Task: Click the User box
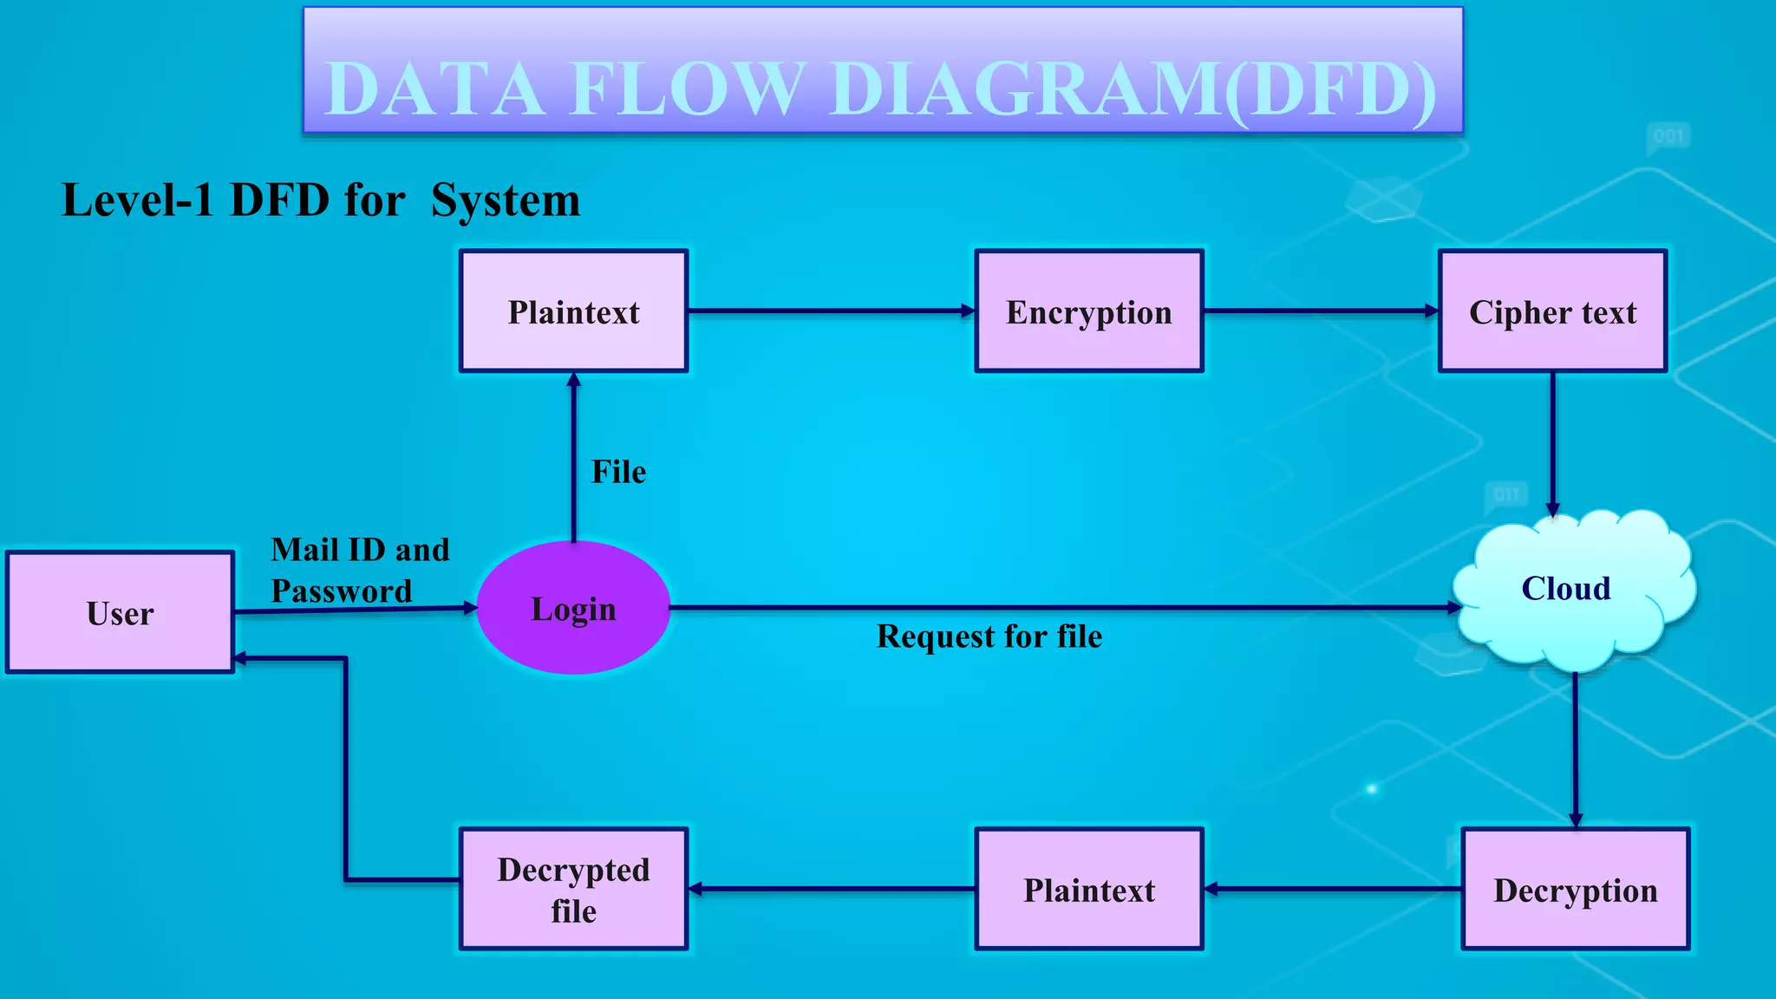(120, 612)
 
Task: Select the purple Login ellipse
(573, 608)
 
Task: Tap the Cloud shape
(1566, 590)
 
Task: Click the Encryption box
(1089, 311)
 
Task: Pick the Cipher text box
(1552, 311)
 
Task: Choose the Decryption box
(1575, 890)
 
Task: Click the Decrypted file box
(573, 890)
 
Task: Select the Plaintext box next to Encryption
(573, 311)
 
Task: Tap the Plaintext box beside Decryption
(1089, 890)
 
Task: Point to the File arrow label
(618, 472)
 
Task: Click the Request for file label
(989, 637)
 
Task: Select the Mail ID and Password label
(359, 570)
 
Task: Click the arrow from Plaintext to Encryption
(831, 310)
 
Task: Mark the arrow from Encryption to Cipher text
(1320, 310)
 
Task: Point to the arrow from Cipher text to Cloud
(1552, 442)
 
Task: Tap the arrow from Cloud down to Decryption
(1575, 750)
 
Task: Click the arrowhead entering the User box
(242, 659)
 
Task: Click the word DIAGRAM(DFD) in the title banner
(1133, 88)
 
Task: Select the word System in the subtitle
(506, 200)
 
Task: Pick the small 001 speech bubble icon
(1668, 137)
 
